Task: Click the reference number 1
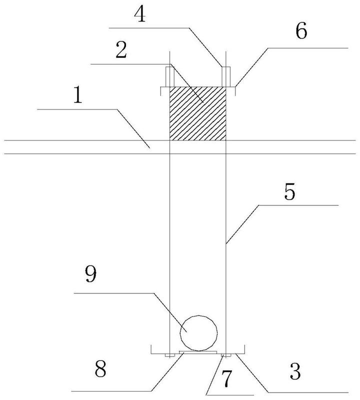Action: coord(78,94)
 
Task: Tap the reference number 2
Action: coord(121,49)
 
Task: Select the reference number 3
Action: coord(295,371)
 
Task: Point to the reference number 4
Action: coord(140,14)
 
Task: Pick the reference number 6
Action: coord(301,31)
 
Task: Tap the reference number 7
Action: coord(226,379)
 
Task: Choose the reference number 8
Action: coord(100,369)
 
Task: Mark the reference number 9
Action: coord(90,274)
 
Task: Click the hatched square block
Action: coord(197,113)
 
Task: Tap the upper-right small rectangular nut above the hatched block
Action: coord(226,76)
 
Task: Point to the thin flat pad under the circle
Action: coord(198,352)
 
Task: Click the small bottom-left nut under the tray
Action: coord(169,355)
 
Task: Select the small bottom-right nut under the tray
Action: coord(226,355)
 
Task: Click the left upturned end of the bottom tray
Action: coord(151,349)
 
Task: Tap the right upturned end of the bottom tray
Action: coord(244,349)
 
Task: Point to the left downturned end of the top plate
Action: coord(160,91)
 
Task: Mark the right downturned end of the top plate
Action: coord(235,91)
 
